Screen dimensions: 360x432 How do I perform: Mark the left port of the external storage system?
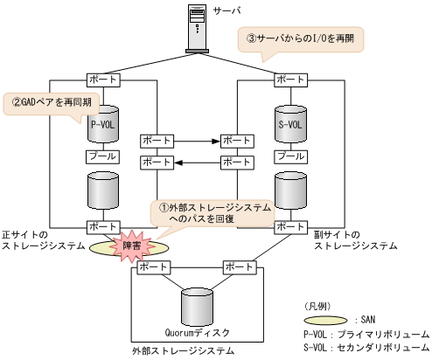pyautogui.click(x=154, y=267)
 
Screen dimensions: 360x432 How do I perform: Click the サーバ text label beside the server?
pyautogui.click(x=237, y=10)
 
